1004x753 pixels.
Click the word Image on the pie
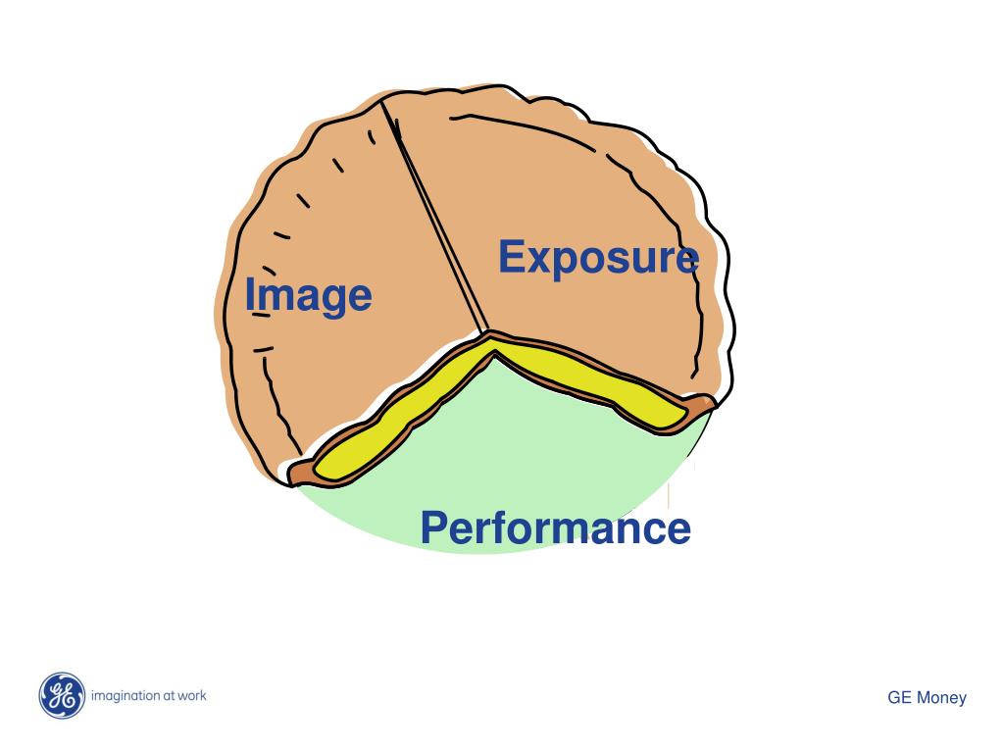click(x=308, y=295)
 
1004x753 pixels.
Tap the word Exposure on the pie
click(x=598, y=258)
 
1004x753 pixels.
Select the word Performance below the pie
click(x=555, y=528)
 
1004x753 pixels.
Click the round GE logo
click(x=62, y=696)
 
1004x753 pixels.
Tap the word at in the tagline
click(x=167, y=696)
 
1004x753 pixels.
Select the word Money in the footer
click(x=941, y=698)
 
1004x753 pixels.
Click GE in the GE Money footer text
click(x=899, y=698)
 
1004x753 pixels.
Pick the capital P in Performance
click(x=433, y=528)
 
